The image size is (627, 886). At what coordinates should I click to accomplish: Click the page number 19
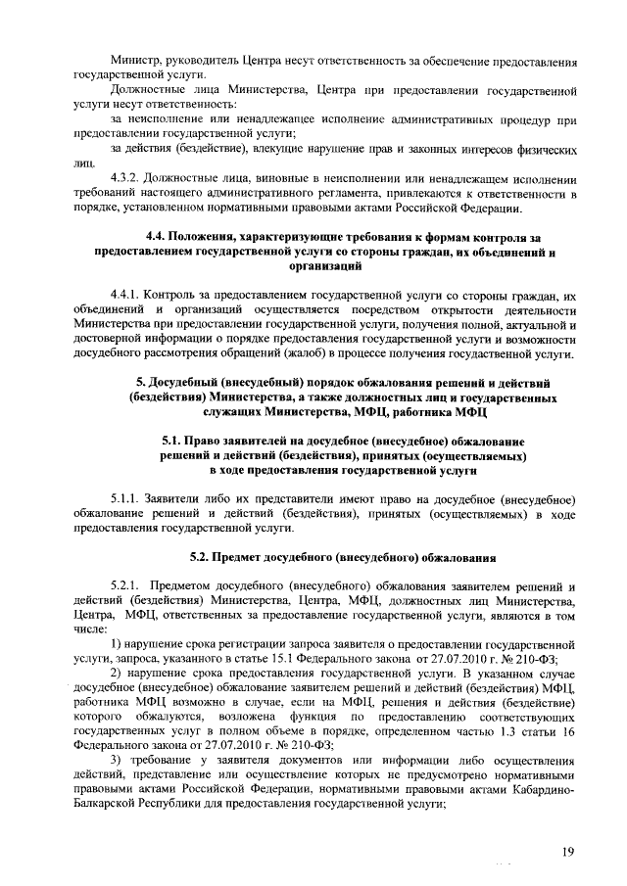pos(568,853)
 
